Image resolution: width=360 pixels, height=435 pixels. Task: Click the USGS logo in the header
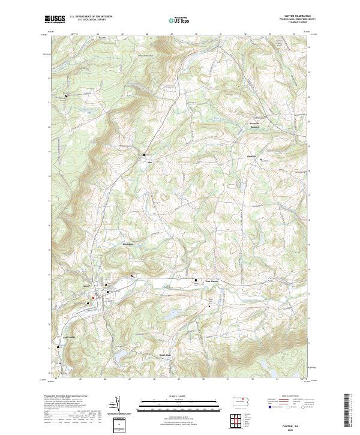(x=55, y=19)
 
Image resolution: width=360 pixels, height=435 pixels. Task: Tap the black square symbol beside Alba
(x=145, y=155)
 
